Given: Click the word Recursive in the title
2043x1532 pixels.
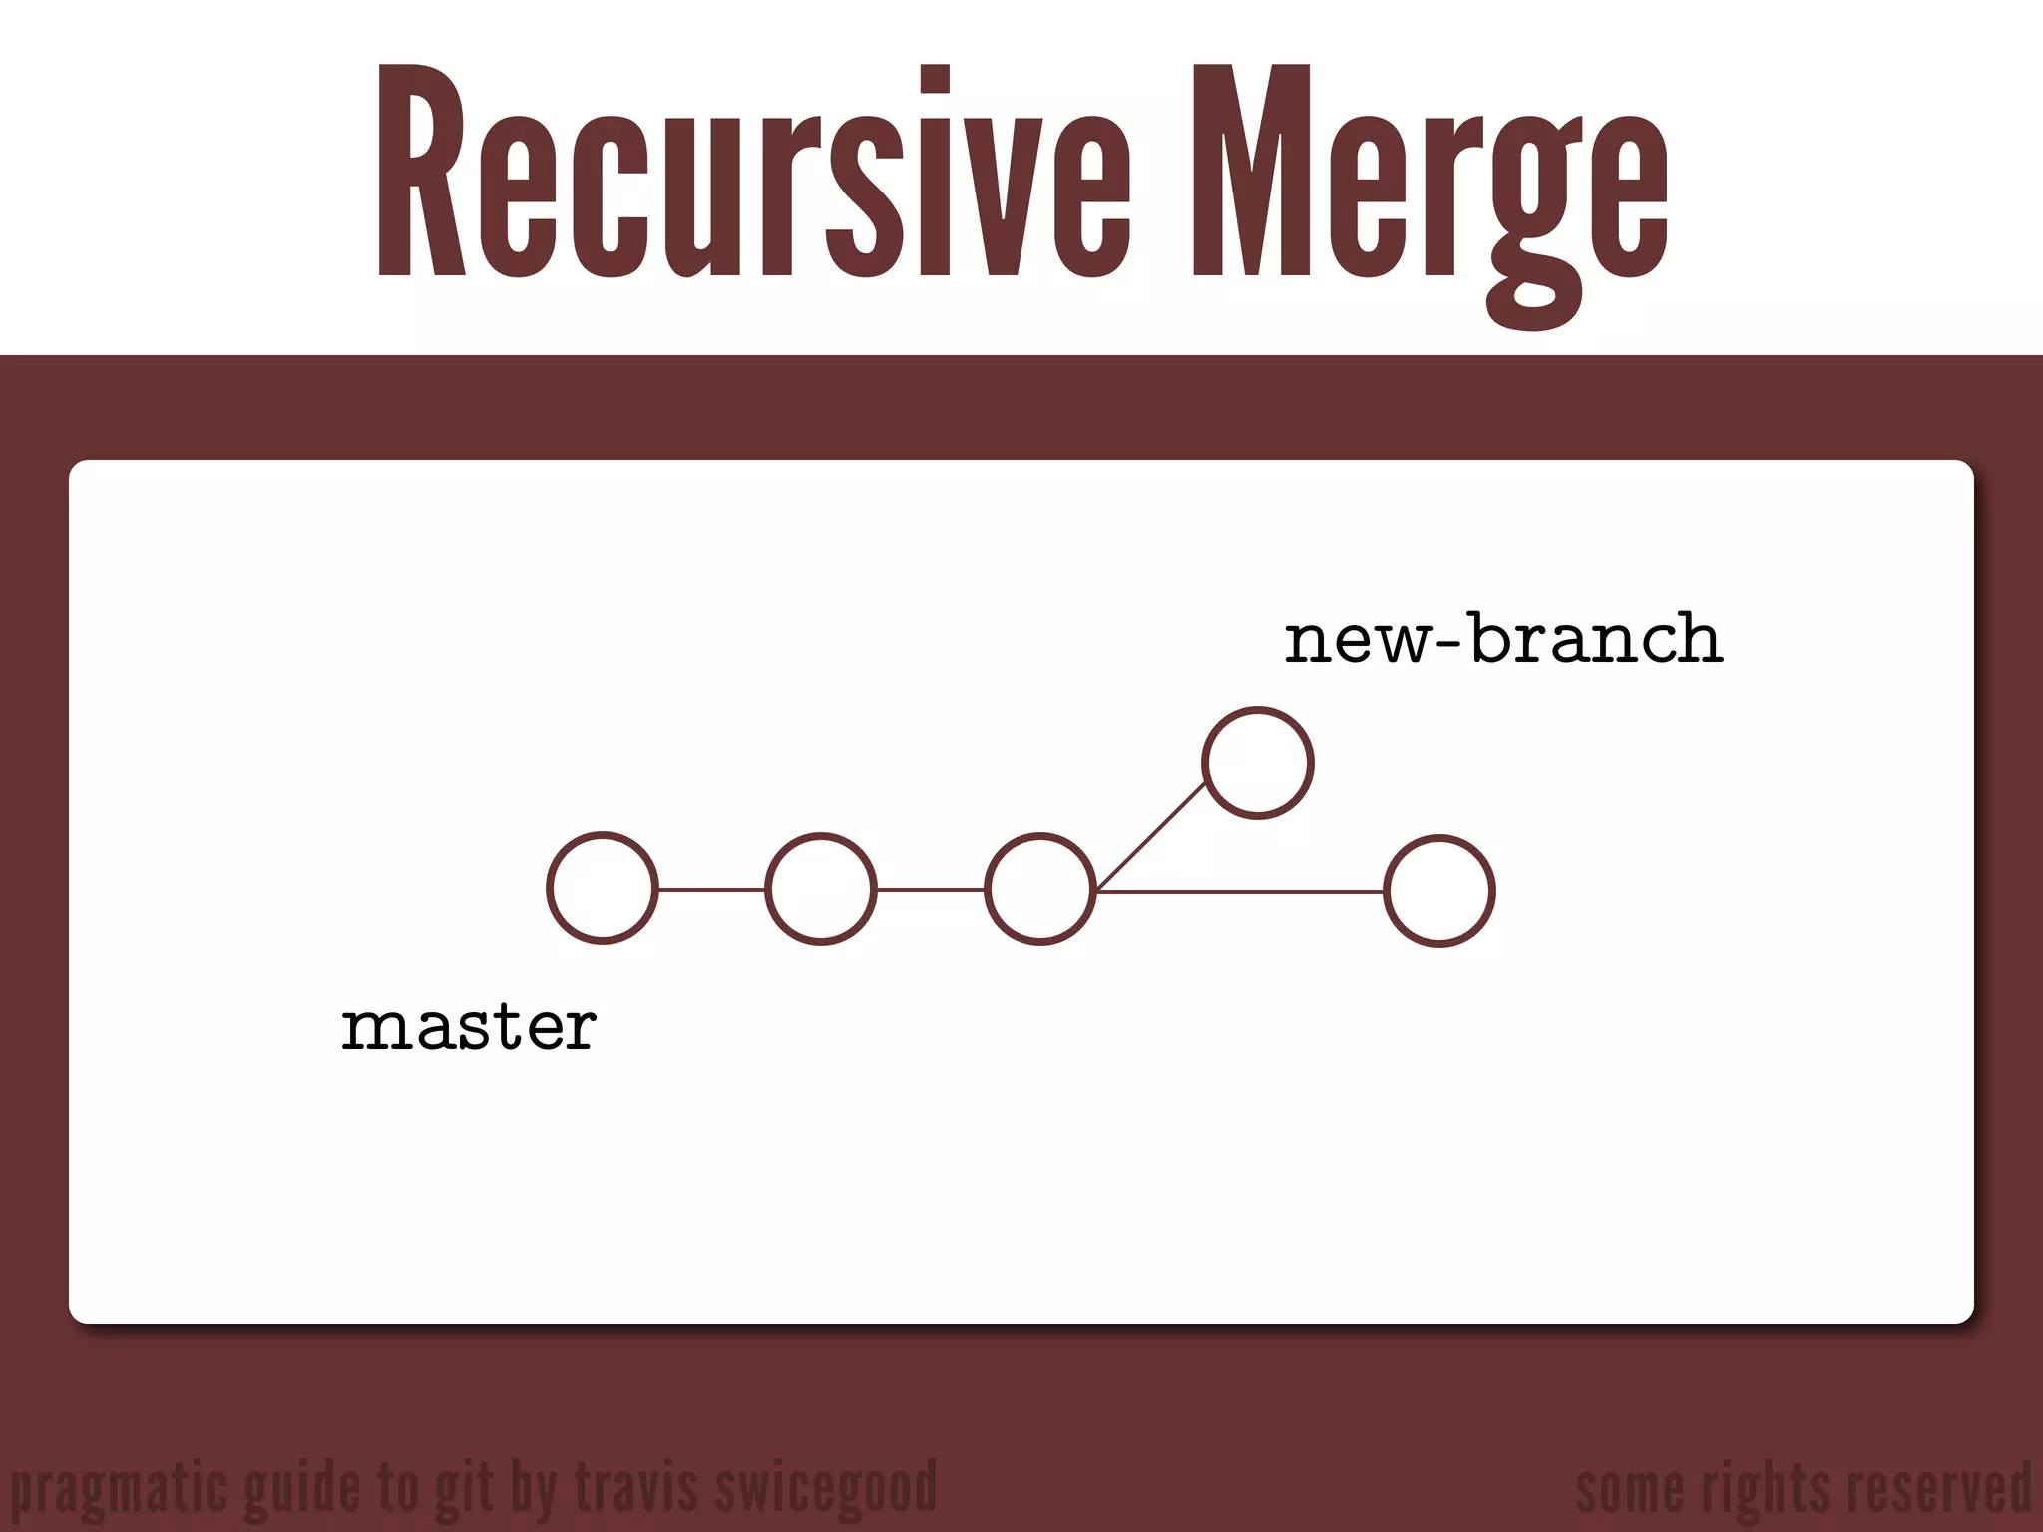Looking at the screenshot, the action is point(753,170).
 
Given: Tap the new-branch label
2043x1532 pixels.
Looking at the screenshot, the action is point(1502,639).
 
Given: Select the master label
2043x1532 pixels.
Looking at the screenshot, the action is point(469,1026).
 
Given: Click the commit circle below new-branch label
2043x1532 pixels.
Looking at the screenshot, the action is point(1257,763).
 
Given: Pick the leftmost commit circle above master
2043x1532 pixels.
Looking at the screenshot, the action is point(603,888).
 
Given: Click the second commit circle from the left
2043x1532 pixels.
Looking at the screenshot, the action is point(821,888).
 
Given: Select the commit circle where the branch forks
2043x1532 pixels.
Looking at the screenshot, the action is point(1040,888).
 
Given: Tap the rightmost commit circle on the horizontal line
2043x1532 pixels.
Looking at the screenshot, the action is point(1438,890).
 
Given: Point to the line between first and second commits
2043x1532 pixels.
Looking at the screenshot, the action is point(711,888).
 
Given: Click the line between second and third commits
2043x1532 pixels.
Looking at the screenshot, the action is point(931,888).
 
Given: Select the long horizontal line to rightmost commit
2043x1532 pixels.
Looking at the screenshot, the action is point(1240,890).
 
